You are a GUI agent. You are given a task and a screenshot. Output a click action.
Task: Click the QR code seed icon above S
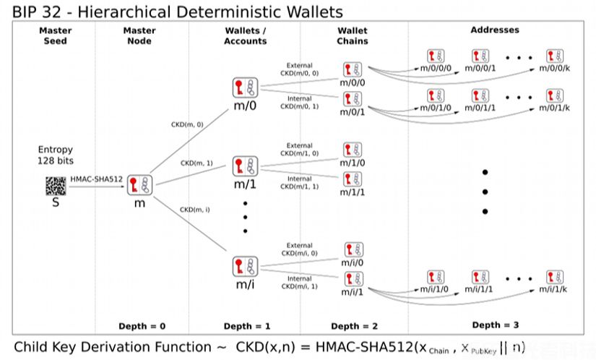click(x=55, y=186)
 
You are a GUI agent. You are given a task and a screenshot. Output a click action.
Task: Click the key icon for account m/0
click(x=244, y=88)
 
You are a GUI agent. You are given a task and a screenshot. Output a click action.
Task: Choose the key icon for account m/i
click(x=244, y=266)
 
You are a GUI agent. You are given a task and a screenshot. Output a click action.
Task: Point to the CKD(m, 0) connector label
click(x=187, y=125)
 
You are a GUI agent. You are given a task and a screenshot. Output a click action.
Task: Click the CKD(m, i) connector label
click(x=194, y=210)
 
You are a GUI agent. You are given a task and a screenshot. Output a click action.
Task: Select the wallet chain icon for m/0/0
click(x=352, y=70)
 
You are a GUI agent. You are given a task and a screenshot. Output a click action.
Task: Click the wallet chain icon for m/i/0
click(x=352, y=249)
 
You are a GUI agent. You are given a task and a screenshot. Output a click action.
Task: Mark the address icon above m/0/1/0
click(x=436, y=95)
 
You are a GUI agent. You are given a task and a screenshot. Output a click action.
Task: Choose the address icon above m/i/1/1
click(x=480, y=278)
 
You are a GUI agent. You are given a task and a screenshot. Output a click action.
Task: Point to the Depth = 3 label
click(x=495, y=325)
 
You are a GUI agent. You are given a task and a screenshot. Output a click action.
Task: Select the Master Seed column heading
click(x=55, y=35)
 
